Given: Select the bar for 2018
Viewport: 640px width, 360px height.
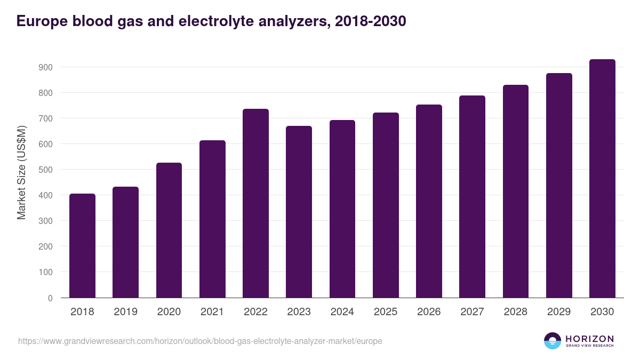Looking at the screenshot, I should click(x=82, y=246).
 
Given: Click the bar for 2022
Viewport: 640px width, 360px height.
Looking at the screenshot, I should click(x=255, y=203).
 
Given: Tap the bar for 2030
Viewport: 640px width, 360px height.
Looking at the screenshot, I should click(x=602, y=179).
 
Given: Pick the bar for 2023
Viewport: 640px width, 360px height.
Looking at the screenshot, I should click(x=299, y=212).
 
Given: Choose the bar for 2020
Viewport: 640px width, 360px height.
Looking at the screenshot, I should click(x=169, y=230).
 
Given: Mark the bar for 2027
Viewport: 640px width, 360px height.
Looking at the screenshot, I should click(x=472, y=197).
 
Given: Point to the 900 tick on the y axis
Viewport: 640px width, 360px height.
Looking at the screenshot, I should click(x=45, y=67).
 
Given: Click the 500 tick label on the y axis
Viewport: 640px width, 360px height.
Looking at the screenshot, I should click(x=45, y=170).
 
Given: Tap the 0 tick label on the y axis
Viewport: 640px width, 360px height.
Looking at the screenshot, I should click(x=50, y=298).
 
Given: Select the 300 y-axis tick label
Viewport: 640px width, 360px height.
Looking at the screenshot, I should click(x=45, y=221).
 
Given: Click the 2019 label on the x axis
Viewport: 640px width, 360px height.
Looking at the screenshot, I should click(x=125, y=312).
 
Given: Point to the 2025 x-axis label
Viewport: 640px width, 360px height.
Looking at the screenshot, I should click(x=386, y=312).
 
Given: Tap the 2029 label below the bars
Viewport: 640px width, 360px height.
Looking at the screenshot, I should click(x=559, y=312).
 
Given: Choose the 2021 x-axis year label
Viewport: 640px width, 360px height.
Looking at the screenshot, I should click(x=212, y=312).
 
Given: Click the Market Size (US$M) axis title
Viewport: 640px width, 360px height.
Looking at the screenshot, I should click(x=21, y=173).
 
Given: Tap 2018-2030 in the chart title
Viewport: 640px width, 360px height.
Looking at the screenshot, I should click(x=370, y=21).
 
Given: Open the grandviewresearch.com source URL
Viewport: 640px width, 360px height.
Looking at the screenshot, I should click(x=200, y=341).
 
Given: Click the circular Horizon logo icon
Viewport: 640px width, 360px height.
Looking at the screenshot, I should click(x=553, y=341).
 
